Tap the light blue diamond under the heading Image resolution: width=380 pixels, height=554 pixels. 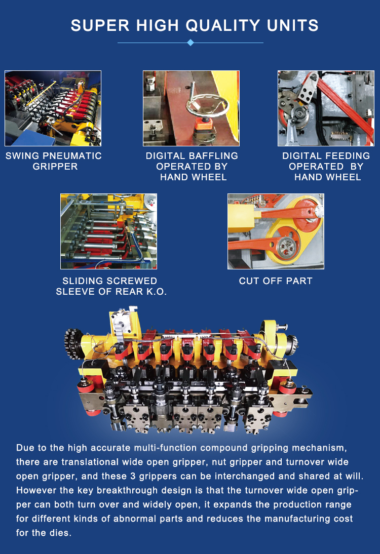point(191,43)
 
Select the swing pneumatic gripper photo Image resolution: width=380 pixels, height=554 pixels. point(53,108)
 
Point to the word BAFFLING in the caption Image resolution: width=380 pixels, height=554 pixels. point(214,156)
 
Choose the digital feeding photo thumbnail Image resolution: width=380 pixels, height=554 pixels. point(326,108)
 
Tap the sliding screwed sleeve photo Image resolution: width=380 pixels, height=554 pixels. point(108,231)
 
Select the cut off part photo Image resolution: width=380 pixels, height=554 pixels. point(276,231)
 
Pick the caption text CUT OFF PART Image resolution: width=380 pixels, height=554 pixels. point(276,281)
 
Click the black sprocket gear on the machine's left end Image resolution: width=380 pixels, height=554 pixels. point(73,343)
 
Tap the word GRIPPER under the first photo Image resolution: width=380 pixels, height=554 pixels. point(55,167)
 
